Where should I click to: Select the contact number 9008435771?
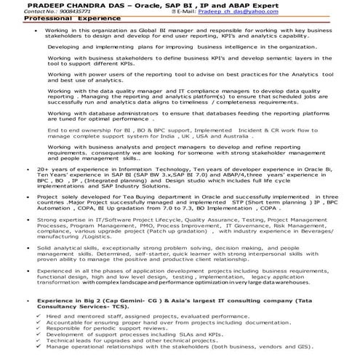coord(55,12)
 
